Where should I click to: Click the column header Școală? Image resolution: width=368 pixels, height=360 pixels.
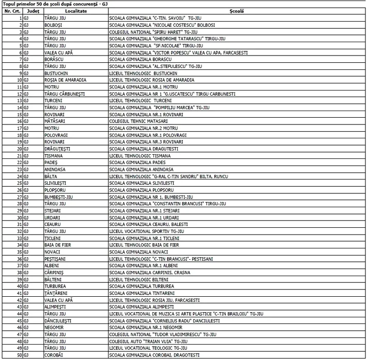[x=237, y=11]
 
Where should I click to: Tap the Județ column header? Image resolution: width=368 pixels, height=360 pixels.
[x=33, y=11]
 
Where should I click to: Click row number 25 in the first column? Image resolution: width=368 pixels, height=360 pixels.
[x=19, y=183]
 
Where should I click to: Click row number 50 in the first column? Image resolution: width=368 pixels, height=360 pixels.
[x=19, y=355]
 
